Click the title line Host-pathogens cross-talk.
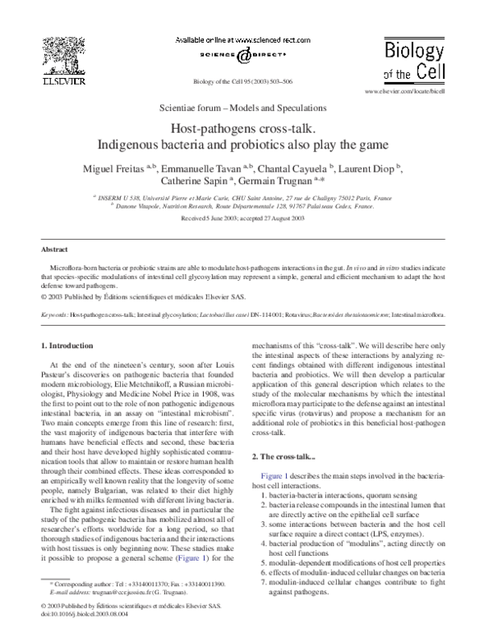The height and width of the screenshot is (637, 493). [x=247, y=129]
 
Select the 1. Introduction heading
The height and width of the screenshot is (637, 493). [x=72, y=346]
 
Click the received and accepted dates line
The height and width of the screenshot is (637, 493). [x=247, y=218]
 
